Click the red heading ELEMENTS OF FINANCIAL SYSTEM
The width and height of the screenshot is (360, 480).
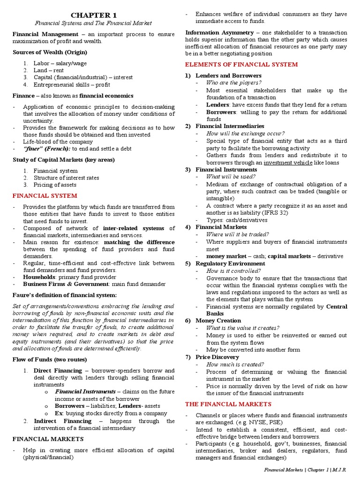pyautogui.click(x=241, y=64)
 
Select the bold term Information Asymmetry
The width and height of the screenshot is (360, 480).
pyautogui.click(x=219, y=32)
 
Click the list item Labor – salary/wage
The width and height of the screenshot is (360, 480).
pyautogui.click(x=60, y=63)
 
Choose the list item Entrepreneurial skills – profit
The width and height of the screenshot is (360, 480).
pyautogui.click(x=74, y=84)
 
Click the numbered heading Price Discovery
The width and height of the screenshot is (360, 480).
pyautogui.click(x=217, y=357)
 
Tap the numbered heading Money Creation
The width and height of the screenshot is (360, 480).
pyautogui.click(x=218, y=321)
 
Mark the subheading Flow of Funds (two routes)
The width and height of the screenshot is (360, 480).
pyautogui.click(x=50, y=360)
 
